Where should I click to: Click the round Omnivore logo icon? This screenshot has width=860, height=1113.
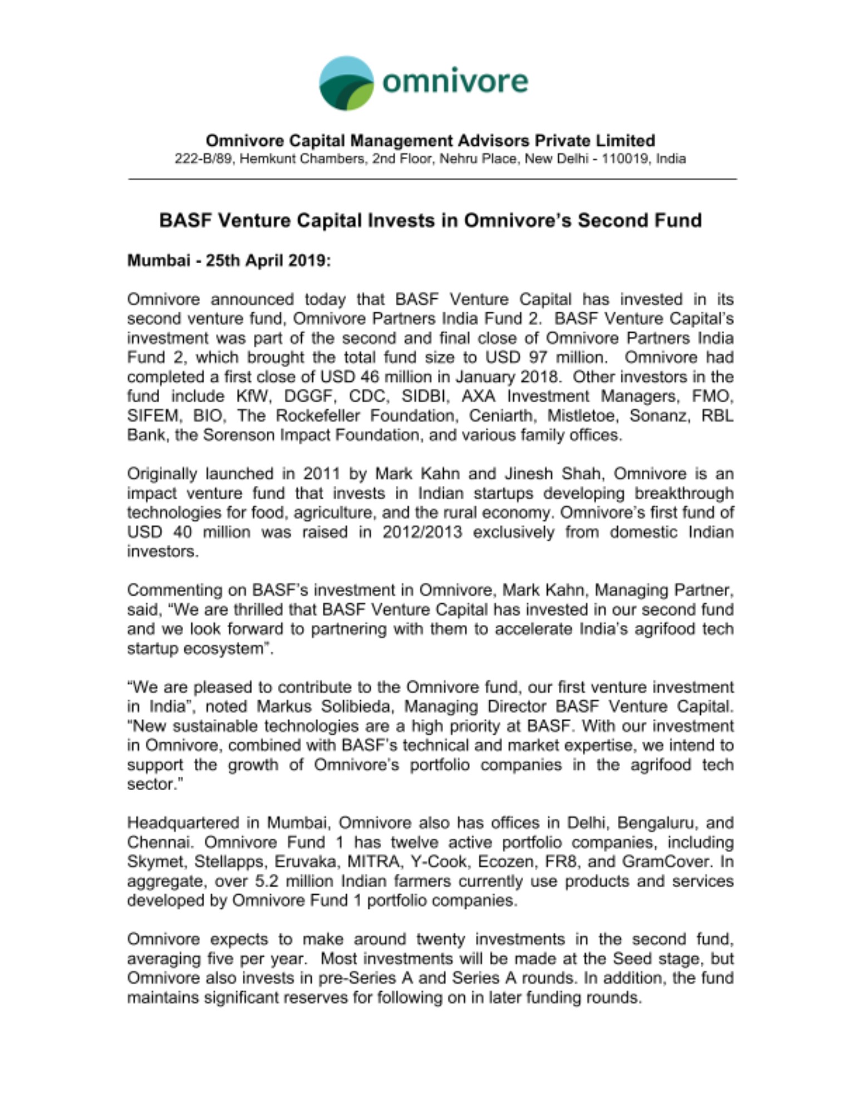point(346,83)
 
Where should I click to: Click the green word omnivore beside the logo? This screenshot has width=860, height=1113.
point(455,81)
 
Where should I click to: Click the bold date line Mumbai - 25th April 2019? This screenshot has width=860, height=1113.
point(229,260)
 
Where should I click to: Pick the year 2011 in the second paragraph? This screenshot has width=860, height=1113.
point(321,474)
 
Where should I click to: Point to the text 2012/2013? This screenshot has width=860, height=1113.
point(422,532)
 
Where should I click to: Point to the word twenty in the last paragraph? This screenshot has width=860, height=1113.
point(440,939)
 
